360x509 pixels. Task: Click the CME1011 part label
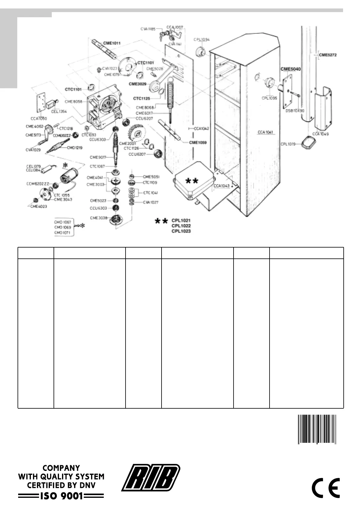pyautogui.click(x=112, y=43)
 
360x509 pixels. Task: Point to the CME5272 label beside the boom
pyautogui.click(x=328, y=55)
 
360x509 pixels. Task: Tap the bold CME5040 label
pyautogui.click(x=290, y=69)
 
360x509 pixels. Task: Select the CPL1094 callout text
pyautogui.click(x=202, y=40)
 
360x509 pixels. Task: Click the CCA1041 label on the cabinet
pyautogui.click(x=265, y=132)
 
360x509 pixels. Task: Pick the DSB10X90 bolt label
pyautogui.click(x=295, y=111)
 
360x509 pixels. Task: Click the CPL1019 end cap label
pyautogui.click(x=288, y=144)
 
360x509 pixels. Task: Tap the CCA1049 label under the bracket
pyautogui.click(x=320, y=134)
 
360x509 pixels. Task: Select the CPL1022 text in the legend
pyautogui.click(x=181, y=226)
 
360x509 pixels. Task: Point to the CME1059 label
pyautogui.click(x=198, y=142)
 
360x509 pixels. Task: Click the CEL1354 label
pyautogui.click(x=59, y=112)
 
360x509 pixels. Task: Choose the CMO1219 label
pyautogui.click(x=75, y=148)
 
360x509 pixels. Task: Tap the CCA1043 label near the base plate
pyautogui.click(x=221, y=186)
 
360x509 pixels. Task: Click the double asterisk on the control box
pyautogui.click(x=192, y=181)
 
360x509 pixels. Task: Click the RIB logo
pyautogui.click(x=151, y=478)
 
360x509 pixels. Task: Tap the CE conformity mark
pyautogui.click(x=326, y=488)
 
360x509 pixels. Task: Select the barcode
pyautogui.click(x=317, y=429)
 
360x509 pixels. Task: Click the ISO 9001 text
pyautogui.click(x=61, y=496)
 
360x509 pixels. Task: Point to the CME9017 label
pyautogui.click(x=98, y=157)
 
